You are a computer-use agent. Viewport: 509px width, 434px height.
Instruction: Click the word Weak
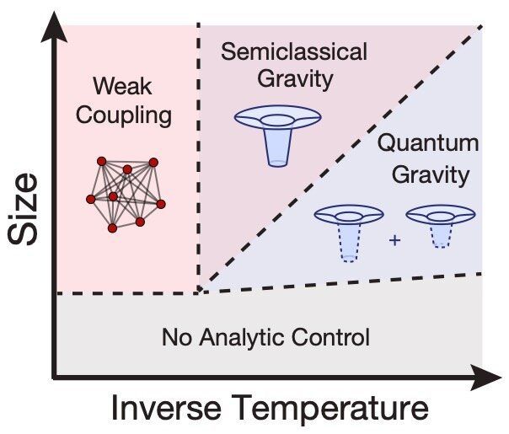(122, 86)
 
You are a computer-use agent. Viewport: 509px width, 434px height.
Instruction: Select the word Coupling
(124, 116)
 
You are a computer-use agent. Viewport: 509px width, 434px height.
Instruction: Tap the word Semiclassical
(294, 51)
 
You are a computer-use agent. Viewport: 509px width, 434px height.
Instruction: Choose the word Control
(330, 338)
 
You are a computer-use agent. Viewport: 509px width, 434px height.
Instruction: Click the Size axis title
(23, 209)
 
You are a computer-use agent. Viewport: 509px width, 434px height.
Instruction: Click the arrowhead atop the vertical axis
(55, 27)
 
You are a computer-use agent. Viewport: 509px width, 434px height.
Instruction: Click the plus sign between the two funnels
(394, 240)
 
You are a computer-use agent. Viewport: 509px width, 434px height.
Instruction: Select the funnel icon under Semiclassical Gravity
(278, 136)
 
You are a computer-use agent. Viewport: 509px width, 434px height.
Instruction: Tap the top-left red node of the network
(102, 161)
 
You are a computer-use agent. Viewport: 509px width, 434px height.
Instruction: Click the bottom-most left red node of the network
(112, 228)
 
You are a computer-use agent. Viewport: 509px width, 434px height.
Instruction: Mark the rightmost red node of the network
(161, 204)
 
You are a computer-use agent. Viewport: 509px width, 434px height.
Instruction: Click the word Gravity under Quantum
(431, 175)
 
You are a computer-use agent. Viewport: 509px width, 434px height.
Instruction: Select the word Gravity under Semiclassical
(296, 80)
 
